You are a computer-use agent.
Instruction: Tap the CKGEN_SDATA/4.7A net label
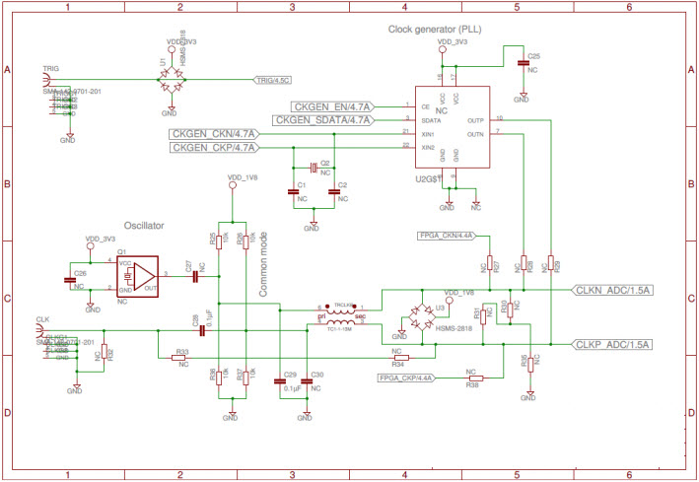(322, 120)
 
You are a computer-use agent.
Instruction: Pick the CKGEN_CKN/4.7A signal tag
(214, 133)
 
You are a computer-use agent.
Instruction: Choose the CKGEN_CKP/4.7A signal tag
(214, 148)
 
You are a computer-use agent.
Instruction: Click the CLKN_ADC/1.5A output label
(613, 290)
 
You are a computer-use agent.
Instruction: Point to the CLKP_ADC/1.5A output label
(613, 344)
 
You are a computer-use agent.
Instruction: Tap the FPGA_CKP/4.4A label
(406, 378)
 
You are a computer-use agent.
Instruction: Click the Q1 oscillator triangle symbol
(144, 276)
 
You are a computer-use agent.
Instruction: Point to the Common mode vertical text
(263, 271)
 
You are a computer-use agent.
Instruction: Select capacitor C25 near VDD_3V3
(523, 63)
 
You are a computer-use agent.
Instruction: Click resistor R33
(182, 358)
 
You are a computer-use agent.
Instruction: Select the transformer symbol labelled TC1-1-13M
(341, 315)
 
